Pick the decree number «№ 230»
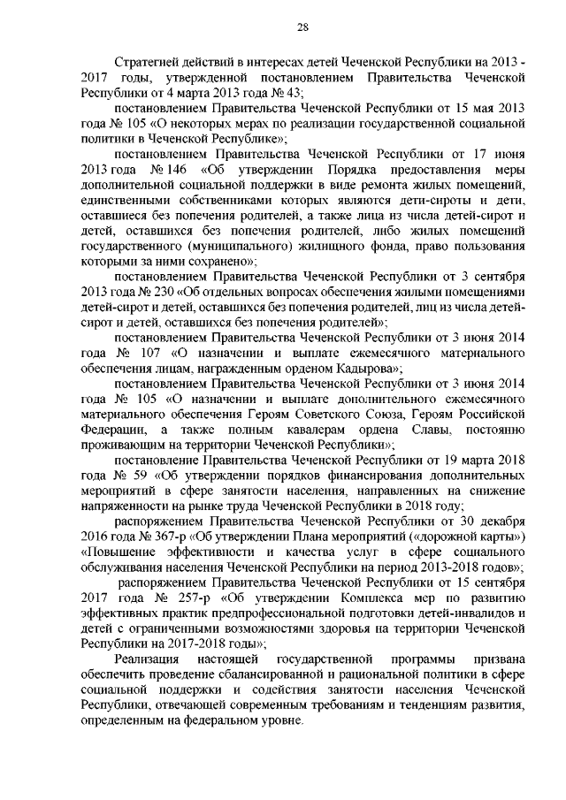coord(157,291)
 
